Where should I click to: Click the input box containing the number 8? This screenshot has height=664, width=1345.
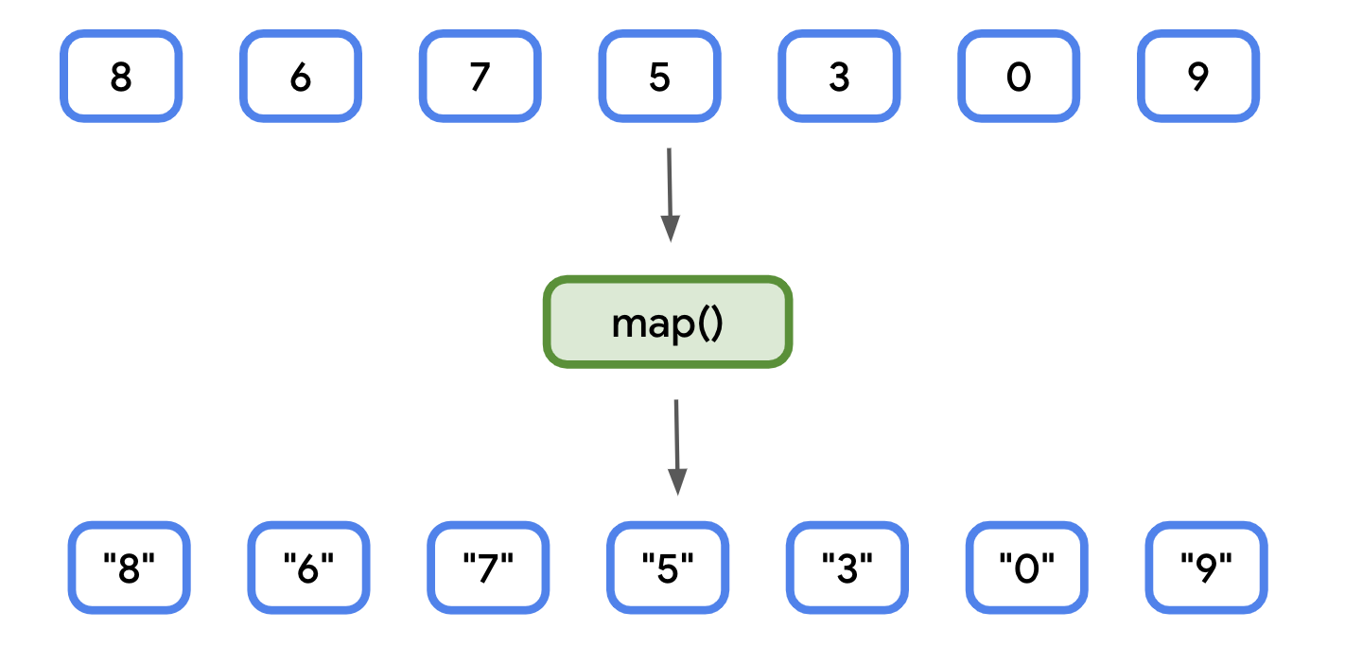pyautogui.click(x=121, y=77)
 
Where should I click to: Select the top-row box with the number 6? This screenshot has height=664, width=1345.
pyautogui.click(x=301, y=77)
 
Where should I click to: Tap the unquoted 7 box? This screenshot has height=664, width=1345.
pyautogui.click(x=480, y=77)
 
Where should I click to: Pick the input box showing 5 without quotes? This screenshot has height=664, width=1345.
pyautogui.click(x=660, y=77)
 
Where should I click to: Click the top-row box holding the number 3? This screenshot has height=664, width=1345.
pyautogui.click(x=839, y=77)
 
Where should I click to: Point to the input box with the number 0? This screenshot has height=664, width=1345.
pyautogui.click(x=1019, y=77)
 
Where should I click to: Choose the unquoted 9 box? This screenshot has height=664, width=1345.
pyautogui.click(x=1198, y=77)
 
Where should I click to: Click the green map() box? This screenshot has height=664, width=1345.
pyautogui.click(x=668, y=323)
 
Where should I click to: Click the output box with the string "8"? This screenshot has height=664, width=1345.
pyautogui.click(x=130, y=568)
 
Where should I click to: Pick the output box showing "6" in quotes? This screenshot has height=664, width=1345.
pyautogui.click(x=309, y=568)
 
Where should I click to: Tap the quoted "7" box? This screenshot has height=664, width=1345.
pyautogui.click(x=488, y=568)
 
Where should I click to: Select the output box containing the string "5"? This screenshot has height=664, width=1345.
pyautogui.click(x=668, y=568)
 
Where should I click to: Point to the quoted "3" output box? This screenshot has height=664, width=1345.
pyautogui.click(x=847, y=568)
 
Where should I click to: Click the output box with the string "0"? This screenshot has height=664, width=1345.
pyautogui.click(x=1027, y=568)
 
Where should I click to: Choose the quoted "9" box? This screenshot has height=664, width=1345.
pyautogui.click(x=1206, y=568)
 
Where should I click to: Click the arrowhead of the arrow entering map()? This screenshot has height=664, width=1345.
pyautogui.click(x=671, y=229)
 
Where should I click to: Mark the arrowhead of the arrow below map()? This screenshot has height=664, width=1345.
pyautogui.click(x=677, y=481)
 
